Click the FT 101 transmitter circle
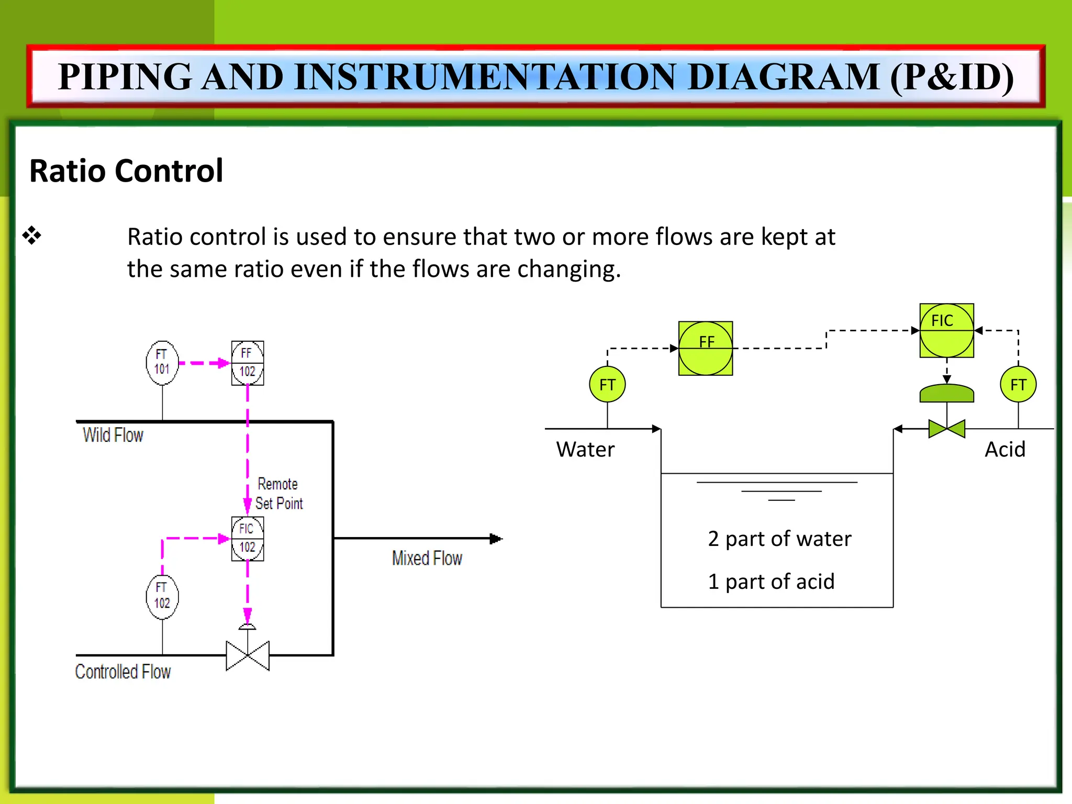coord(162,363)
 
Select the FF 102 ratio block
coord(248,363)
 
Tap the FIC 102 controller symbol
coord(248,539)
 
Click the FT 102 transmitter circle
coord(162,597)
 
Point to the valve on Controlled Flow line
coord(248,655)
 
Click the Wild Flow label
coord(113,435)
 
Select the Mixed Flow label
coord(427,558)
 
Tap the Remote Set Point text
coord(278,494)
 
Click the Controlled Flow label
coord(123,672)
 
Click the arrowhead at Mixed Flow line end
coord(496,539)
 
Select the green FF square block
coord(706,348)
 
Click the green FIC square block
coord(947,330)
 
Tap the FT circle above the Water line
coord(607,385)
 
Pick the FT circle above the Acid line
coord(1018,385)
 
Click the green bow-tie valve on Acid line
coord(947,429)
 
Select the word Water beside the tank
coord(585,450)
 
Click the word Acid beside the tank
coord(1005,450)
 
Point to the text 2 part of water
coord(779,539)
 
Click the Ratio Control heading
coord(126,171)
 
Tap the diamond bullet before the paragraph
coord(32,236)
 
